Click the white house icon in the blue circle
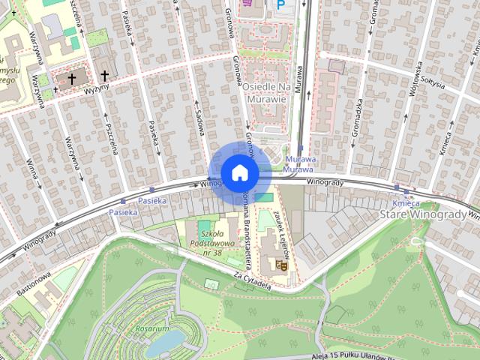click(239, 172)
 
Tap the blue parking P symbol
click(281, 5)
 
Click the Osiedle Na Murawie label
click(265, 92)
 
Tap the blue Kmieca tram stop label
click(405, 202)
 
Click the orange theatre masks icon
click(283, 263)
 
